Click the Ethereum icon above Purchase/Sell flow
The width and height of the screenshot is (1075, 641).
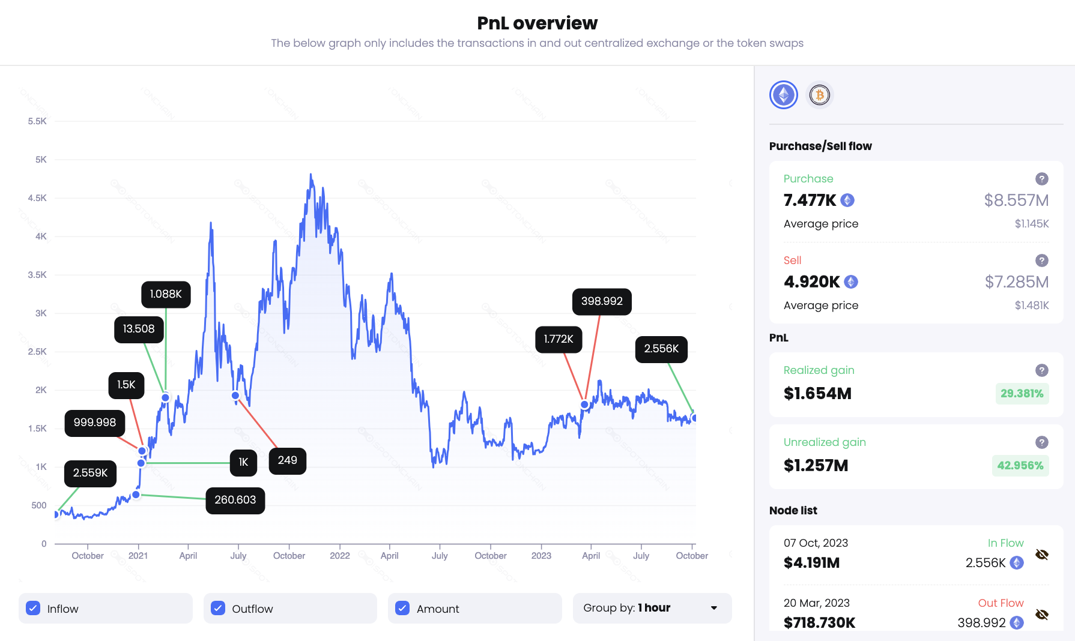point(784,95)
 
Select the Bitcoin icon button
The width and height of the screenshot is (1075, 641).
point(820,95)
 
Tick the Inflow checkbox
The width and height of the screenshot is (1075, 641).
point(34,608)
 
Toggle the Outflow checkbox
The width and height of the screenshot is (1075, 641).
point(218,608)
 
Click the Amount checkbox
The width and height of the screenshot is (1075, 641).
point(402,608)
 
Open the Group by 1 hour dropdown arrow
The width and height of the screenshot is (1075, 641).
point(714,608)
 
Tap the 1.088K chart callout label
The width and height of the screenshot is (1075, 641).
point(166,294)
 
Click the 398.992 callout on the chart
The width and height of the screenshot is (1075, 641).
point(602,301)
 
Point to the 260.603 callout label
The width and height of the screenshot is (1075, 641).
point(235,500)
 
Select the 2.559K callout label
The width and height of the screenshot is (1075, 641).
point(91,473)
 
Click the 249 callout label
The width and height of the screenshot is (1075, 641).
point(287,460)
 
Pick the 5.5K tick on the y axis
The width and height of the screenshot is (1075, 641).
point(37,121)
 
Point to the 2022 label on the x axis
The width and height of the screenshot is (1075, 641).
point(340,556)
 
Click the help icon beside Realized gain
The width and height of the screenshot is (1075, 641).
point(1042,370)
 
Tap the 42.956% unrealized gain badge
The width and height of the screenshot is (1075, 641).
point(1020,466)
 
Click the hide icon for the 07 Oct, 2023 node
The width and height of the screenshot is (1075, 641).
point(1042,555)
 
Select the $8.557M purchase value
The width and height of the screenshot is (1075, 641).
point(1016,200)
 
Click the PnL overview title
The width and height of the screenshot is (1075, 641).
point(537,23)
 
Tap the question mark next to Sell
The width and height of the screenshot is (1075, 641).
point(1042,260)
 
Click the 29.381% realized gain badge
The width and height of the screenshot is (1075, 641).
point(1022,394)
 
